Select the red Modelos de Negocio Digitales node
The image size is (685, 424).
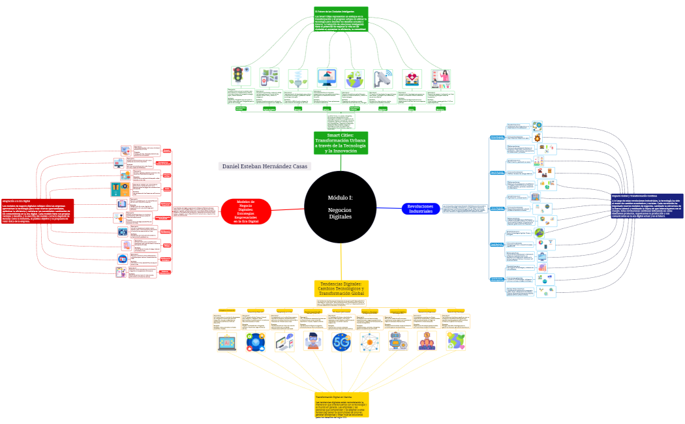coord(246,212)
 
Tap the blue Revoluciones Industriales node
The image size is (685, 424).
coord(421,208)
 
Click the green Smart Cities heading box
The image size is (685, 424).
coord(341,143)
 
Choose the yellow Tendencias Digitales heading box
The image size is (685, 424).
coord(341,289)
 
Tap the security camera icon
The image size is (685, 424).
coord(383,78)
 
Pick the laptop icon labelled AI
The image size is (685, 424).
coord(228,341)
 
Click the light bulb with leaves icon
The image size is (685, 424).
coord(298,78)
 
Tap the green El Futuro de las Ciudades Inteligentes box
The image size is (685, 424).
coord(341,19)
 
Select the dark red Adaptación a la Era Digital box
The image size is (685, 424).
coord(37,211)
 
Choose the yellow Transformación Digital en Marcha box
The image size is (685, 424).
coord(341,404)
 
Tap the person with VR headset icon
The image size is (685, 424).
coord(314,341)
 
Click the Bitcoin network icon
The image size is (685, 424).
coord(369,341)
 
